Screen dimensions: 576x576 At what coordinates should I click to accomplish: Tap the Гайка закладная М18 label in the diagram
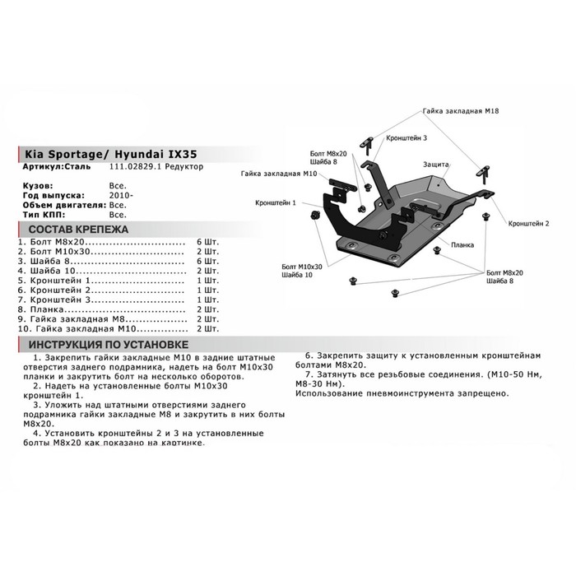[x=462, y=110]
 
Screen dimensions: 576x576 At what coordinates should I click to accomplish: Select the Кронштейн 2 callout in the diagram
[x=528, y=222]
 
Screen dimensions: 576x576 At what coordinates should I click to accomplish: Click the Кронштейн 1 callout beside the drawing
[x=276, y=202]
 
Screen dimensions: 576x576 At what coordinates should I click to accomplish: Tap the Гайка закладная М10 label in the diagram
[x=279, y=174]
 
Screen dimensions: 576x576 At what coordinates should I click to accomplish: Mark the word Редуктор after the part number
[x=184, y=167]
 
